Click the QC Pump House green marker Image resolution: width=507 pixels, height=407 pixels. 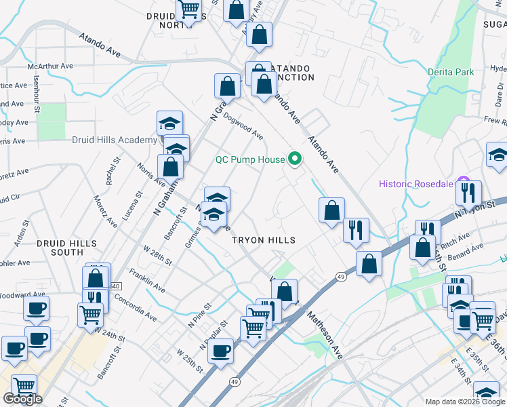[x=295, y=160]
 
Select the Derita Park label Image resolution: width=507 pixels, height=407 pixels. [x=451, y=72]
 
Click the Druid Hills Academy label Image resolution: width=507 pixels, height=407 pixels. [x=115, y=140]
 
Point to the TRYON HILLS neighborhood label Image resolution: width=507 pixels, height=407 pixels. [x=264, y=240]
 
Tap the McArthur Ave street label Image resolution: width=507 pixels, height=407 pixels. [x=50, y=66]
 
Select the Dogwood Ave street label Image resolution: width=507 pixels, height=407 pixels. [x=243, y=125]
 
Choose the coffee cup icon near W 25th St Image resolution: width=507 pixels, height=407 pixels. [x=220, y=351]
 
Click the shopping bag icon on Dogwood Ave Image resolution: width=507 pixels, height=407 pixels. [x=227, y=86]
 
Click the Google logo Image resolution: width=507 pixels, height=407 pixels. [x=22, y=399]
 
